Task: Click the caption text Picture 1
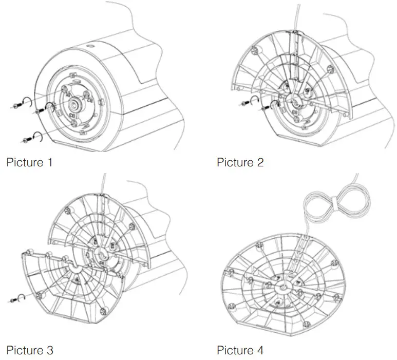coord(29,163)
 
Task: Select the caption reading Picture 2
coord(240,163)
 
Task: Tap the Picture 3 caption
coord(29,351)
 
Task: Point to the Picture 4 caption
coord(240,351)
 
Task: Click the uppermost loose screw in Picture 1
coord(14,105)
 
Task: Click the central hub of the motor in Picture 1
coord(75,106)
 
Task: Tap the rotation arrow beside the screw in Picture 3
coord(23,297)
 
